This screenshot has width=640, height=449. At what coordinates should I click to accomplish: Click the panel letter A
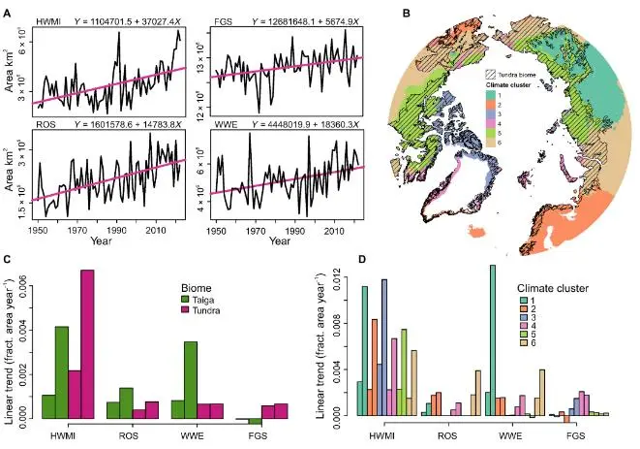coord(9,14)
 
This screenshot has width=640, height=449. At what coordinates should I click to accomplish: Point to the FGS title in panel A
coord(221,19)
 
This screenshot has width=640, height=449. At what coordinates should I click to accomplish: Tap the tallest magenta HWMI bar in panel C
coord(87,344)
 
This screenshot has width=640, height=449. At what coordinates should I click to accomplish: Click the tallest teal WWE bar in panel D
coord(493,340)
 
